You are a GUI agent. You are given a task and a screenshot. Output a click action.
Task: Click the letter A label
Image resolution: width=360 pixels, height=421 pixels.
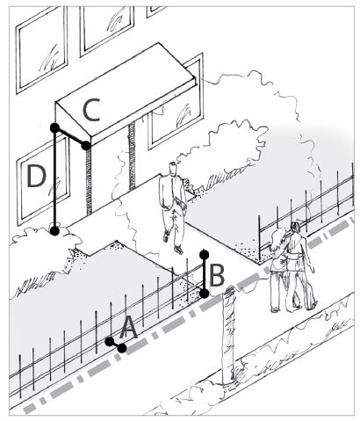pos(128,328)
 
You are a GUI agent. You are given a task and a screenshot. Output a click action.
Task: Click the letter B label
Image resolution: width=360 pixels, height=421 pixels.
pos(217,275)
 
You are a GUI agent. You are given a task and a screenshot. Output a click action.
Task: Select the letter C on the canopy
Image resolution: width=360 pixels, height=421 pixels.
pos(91,110)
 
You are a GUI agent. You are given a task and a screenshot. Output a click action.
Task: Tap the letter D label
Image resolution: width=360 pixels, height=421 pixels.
pos(36,176)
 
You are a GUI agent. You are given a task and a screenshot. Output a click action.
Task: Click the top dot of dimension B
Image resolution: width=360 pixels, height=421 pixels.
pos(205,254)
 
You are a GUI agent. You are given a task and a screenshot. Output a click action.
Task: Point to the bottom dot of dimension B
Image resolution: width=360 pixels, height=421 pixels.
pos(205,294)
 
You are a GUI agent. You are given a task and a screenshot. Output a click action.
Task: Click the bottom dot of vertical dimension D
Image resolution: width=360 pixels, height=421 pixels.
pos(54,231)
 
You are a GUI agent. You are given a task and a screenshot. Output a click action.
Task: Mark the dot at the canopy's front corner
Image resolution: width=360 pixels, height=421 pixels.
pos(85,145)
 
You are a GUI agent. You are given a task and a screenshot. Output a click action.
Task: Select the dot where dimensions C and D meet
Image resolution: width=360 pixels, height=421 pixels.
pos(54,127)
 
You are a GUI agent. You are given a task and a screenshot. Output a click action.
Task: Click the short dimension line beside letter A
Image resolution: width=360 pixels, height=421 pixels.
pos(116,345)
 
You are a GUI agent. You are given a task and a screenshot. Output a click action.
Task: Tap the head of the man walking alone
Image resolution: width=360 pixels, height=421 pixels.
pos(174,170)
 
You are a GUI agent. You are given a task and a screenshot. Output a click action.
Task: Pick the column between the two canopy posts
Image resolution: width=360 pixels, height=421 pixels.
pos(132,156)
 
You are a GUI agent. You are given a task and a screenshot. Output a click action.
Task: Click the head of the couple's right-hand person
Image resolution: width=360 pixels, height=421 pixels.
pos(295,228)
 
